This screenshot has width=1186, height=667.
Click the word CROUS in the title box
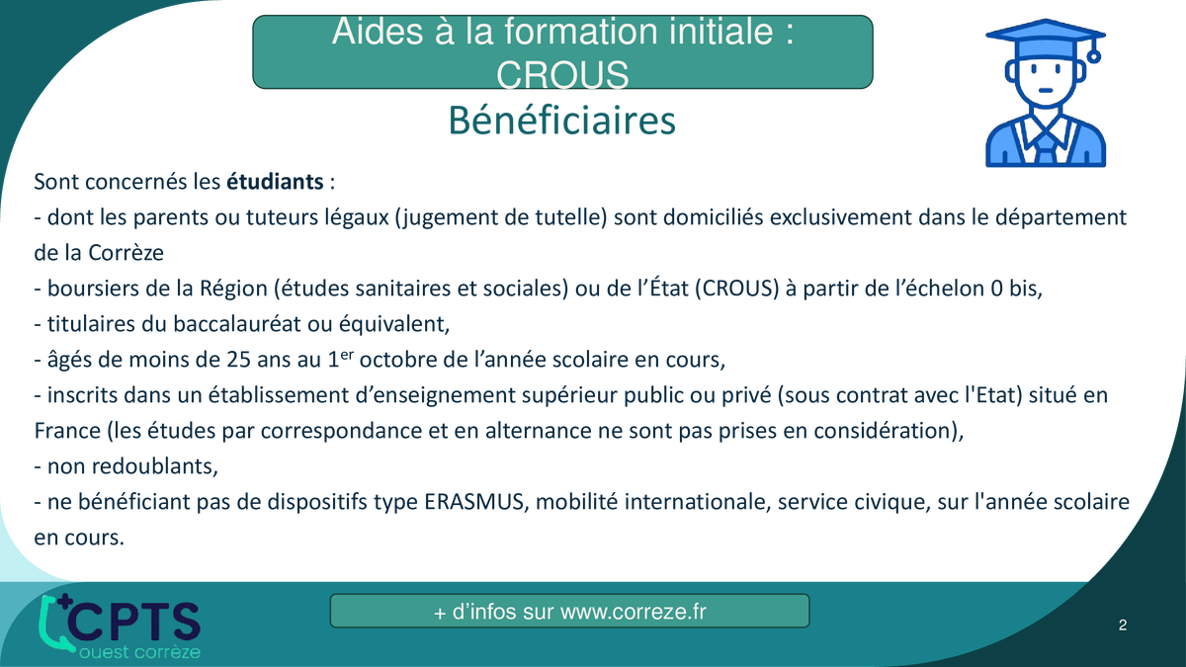click(x=562, y=75)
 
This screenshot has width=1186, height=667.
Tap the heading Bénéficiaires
click(x=562, y=121)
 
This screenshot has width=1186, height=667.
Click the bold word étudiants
click(x=275, y=182)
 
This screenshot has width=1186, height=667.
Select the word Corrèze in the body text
click(x=126, y=253)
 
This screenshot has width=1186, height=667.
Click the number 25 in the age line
click(x=238, y=360)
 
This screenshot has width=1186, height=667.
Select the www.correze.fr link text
click(x=634, y=612)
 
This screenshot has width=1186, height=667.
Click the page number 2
click(x=1123, y=625)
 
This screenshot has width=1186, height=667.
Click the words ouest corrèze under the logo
click(x=139, y=651)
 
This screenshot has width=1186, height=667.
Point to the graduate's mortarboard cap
click(x=1045, y=38)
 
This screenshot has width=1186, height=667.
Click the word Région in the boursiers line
click(x=233, y=289)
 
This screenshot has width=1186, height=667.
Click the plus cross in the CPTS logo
click(x=65, y=602)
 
